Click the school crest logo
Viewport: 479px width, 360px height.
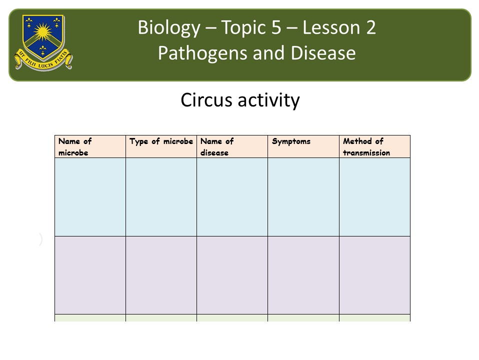(43, 42)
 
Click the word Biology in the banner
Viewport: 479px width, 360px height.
(169, 27)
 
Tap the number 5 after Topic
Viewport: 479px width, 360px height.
(276, 27)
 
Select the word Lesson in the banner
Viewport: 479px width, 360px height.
(330, 27)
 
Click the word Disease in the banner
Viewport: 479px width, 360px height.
(323, 53)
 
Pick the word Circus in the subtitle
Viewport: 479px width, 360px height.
(206, 99)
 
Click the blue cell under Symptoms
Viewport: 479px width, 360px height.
(303, 197)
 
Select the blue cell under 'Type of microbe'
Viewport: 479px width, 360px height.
(161, 197)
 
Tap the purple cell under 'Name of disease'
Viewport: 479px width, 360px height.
(232, 275)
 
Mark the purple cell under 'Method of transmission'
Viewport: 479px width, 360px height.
(374, 275)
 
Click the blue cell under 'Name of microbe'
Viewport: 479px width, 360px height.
(90, 197)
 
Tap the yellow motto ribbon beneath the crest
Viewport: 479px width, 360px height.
(43, 61)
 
